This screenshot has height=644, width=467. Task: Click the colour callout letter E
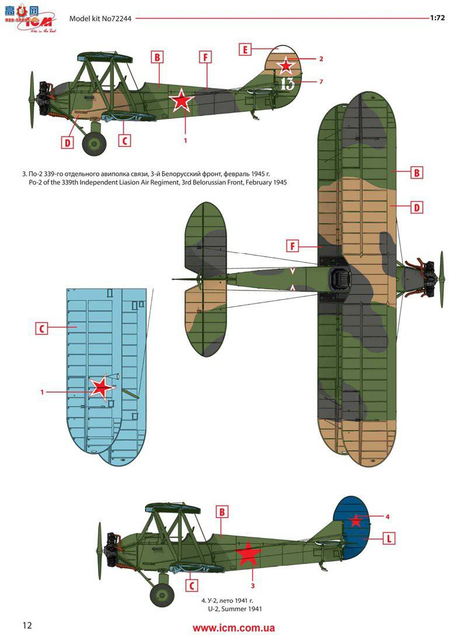click(245, 50)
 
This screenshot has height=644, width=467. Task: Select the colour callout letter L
click(388, 538)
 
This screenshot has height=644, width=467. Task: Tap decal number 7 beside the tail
click(321, 82)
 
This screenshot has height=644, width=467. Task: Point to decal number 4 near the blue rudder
click(386, 516)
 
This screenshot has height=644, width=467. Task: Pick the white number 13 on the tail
click(287, 83)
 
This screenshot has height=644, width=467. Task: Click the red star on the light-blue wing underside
click(102, 387)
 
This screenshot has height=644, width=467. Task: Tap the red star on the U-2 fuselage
click(248, 554)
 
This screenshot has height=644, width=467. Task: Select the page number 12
click(27, 625)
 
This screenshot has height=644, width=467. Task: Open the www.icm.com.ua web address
click(233, 628)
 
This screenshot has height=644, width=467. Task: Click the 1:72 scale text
click(438, 17)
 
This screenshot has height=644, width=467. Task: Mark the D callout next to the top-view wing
click(417, 207)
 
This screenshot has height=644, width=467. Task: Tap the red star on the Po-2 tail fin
click(285, 65)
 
